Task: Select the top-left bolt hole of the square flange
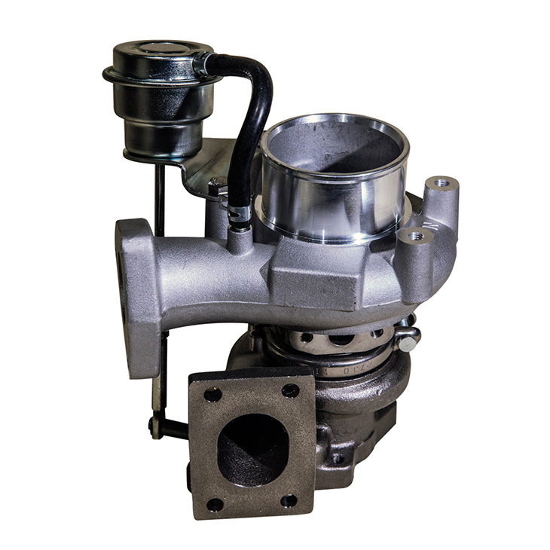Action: point(213,394)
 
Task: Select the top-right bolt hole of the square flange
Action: point(290,390)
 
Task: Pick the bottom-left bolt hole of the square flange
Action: point(215,503)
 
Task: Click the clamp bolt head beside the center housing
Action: point(408,344)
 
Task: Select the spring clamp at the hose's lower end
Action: point(240,215)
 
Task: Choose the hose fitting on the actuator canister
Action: point(201,63)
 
